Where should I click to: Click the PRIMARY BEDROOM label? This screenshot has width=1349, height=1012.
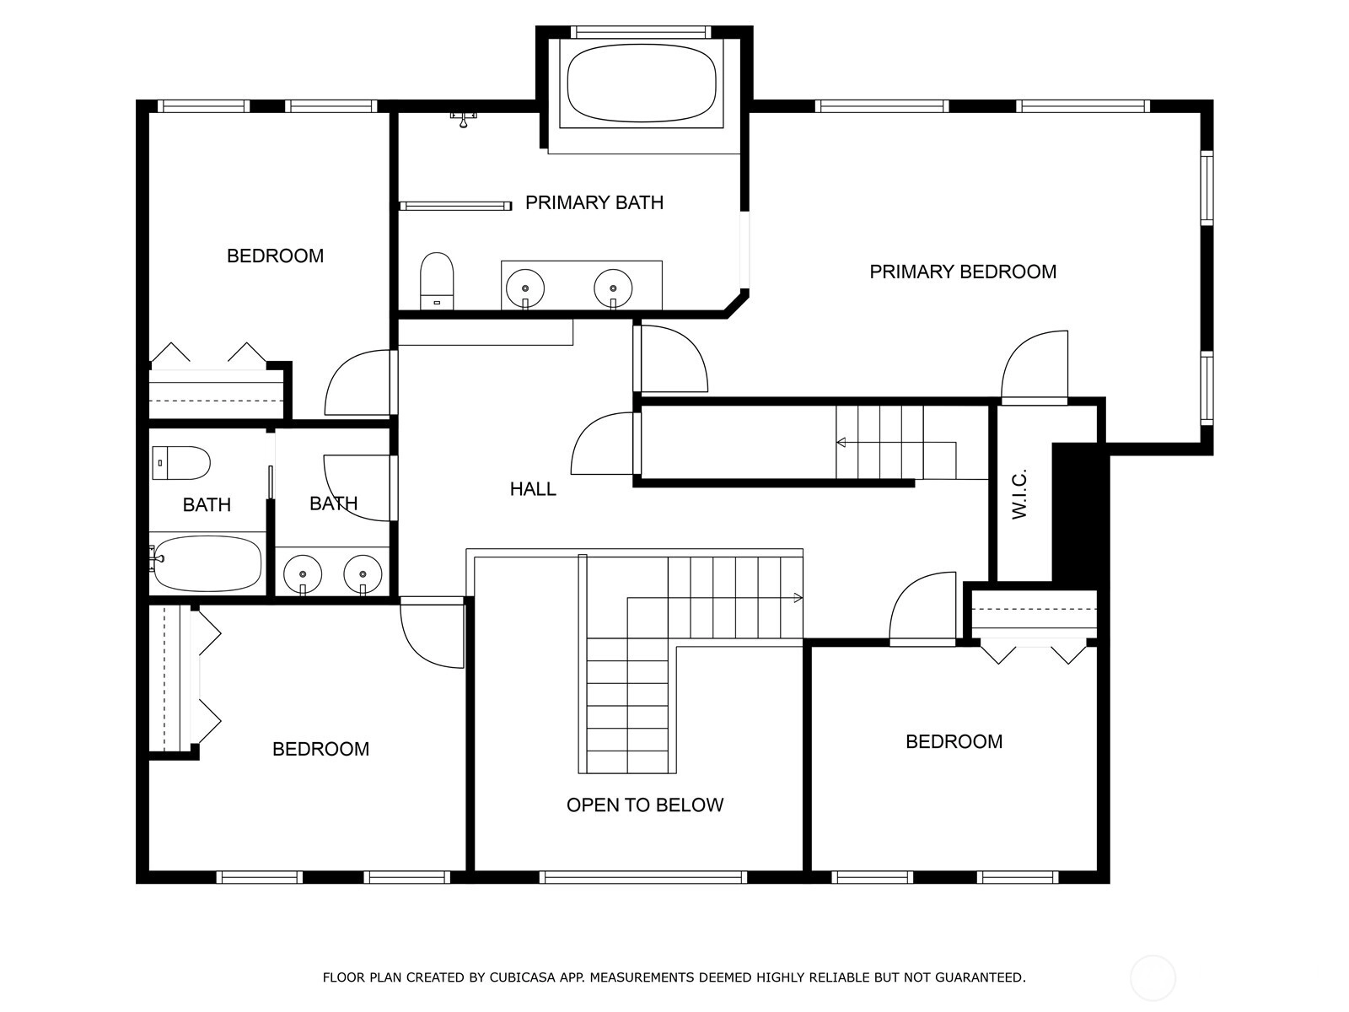coord(963,272)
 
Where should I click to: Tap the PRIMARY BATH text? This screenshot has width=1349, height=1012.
coord(594,202)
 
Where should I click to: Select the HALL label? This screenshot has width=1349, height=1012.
coord(533,489)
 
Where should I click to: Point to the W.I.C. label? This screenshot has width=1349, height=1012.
coord(1019,494)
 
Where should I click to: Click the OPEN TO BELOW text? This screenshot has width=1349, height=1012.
coord(645,805)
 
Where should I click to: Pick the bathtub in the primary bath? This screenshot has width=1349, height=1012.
coord(642,83)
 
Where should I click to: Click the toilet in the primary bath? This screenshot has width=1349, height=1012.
coord(437,281)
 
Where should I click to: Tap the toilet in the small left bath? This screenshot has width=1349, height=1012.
coord(181,463)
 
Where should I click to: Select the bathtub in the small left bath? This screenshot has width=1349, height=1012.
coord(207,563)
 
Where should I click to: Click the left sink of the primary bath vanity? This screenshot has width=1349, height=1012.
coord(525,288)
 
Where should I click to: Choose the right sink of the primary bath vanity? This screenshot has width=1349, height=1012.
coord(613,288)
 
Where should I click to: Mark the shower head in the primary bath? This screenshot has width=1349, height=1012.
coord(464,119)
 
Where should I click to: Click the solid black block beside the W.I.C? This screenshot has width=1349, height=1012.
coord(1080,512)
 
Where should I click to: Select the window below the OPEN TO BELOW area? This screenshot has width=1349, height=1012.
coord(643,877)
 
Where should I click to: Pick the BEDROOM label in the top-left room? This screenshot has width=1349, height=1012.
coord(276,256)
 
